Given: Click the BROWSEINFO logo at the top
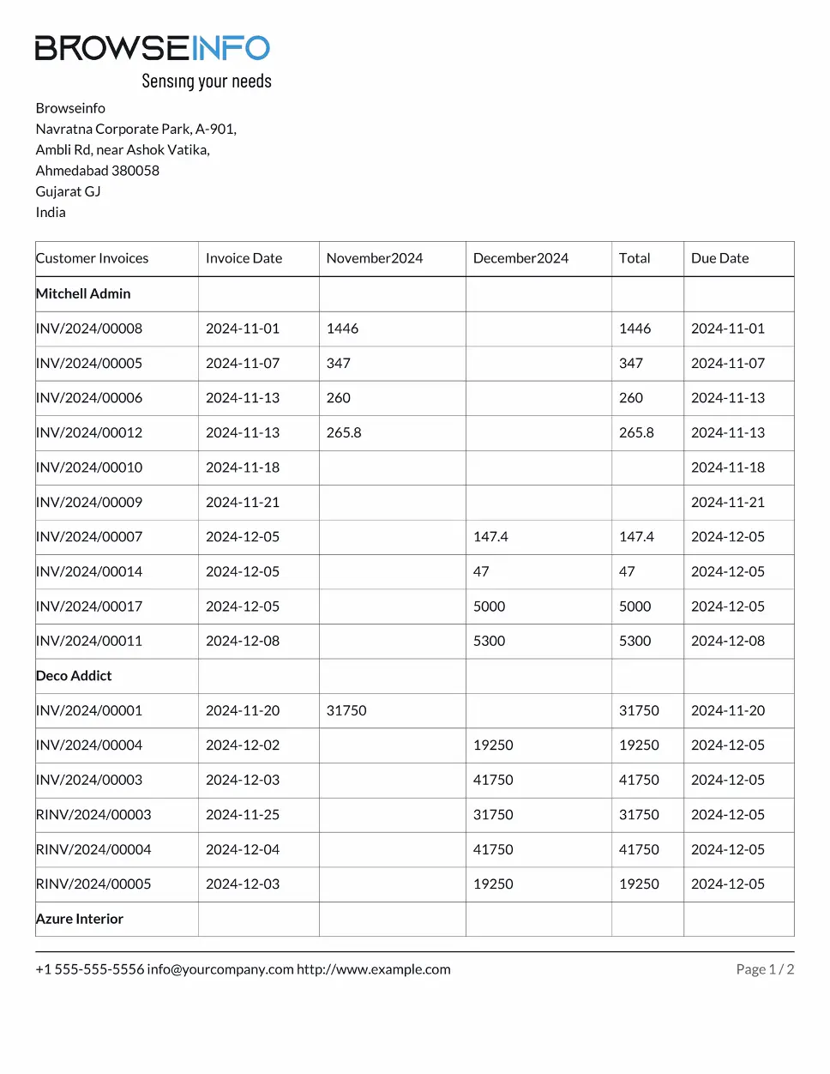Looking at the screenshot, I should coord(153,48).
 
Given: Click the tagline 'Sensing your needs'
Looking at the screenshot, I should coord(206,81).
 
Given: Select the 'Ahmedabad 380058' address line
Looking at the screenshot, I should coord(97,171).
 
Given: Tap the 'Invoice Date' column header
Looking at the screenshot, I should coord(244,258).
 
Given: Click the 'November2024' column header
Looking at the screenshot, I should coord(374,258).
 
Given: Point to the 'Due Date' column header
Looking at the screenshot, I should coord(719,258).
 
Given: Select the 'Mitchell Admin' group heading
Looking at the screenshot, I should coord(83,293).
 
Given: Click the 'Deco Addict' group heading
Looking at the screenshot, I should coord(74,676).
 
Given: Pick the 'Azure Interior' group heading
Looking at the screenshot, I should coord(80,919).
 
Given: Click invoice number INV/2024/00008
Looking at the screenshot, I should coord(89,329).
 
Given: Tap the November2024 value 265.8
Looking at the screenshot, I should coord(344,432).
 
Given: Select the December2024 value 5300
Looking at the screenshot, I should coord(489,641).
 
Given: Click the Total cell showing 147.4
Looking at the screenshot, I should coord(636,537).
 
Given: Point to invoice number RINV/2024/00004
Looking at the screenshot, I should coord(93,849).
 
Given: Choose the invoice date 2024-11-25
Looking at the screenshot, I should coord(243,815).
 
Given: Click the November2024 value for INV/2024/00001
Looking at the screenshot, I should coord(346,710).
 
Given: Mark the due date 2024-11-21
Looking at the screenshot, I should coord(728,502).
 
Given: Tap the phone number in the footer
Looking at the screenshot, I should coord(90,969).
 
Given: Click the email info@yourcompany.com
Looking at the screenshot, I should coord(220,969).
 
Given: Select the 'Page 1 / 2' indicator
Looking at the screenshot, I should coord(765,969).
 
